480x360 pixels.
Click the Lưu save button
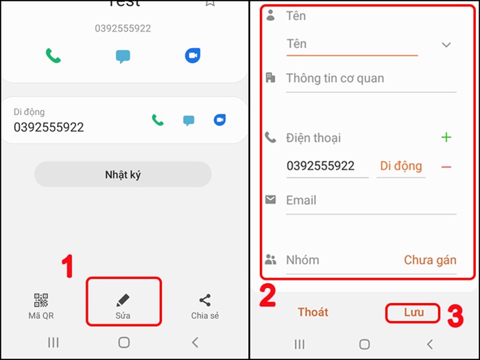413,313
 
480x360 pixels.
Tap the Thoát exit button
313,313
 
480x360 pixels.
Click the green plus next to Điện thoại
446,138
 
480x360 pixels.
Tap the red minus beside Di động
446,167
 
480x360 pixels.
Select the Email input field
370,201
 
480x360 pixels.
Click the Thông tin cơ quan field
370,78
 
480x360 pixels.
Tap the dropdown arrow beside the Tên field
446,45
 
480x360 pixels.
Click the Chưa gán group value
430,261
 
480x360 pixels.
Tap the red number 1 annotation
67,267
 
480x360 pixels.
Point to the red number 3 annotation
456,317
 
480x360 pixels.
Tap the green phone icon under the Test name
53,56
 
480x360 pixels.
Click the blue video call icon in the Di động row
219,120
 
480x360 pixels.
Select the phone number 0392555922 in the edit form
320,167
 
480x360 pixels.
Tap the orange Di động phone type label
401,167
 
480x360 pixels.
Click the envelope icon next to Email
271,200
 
